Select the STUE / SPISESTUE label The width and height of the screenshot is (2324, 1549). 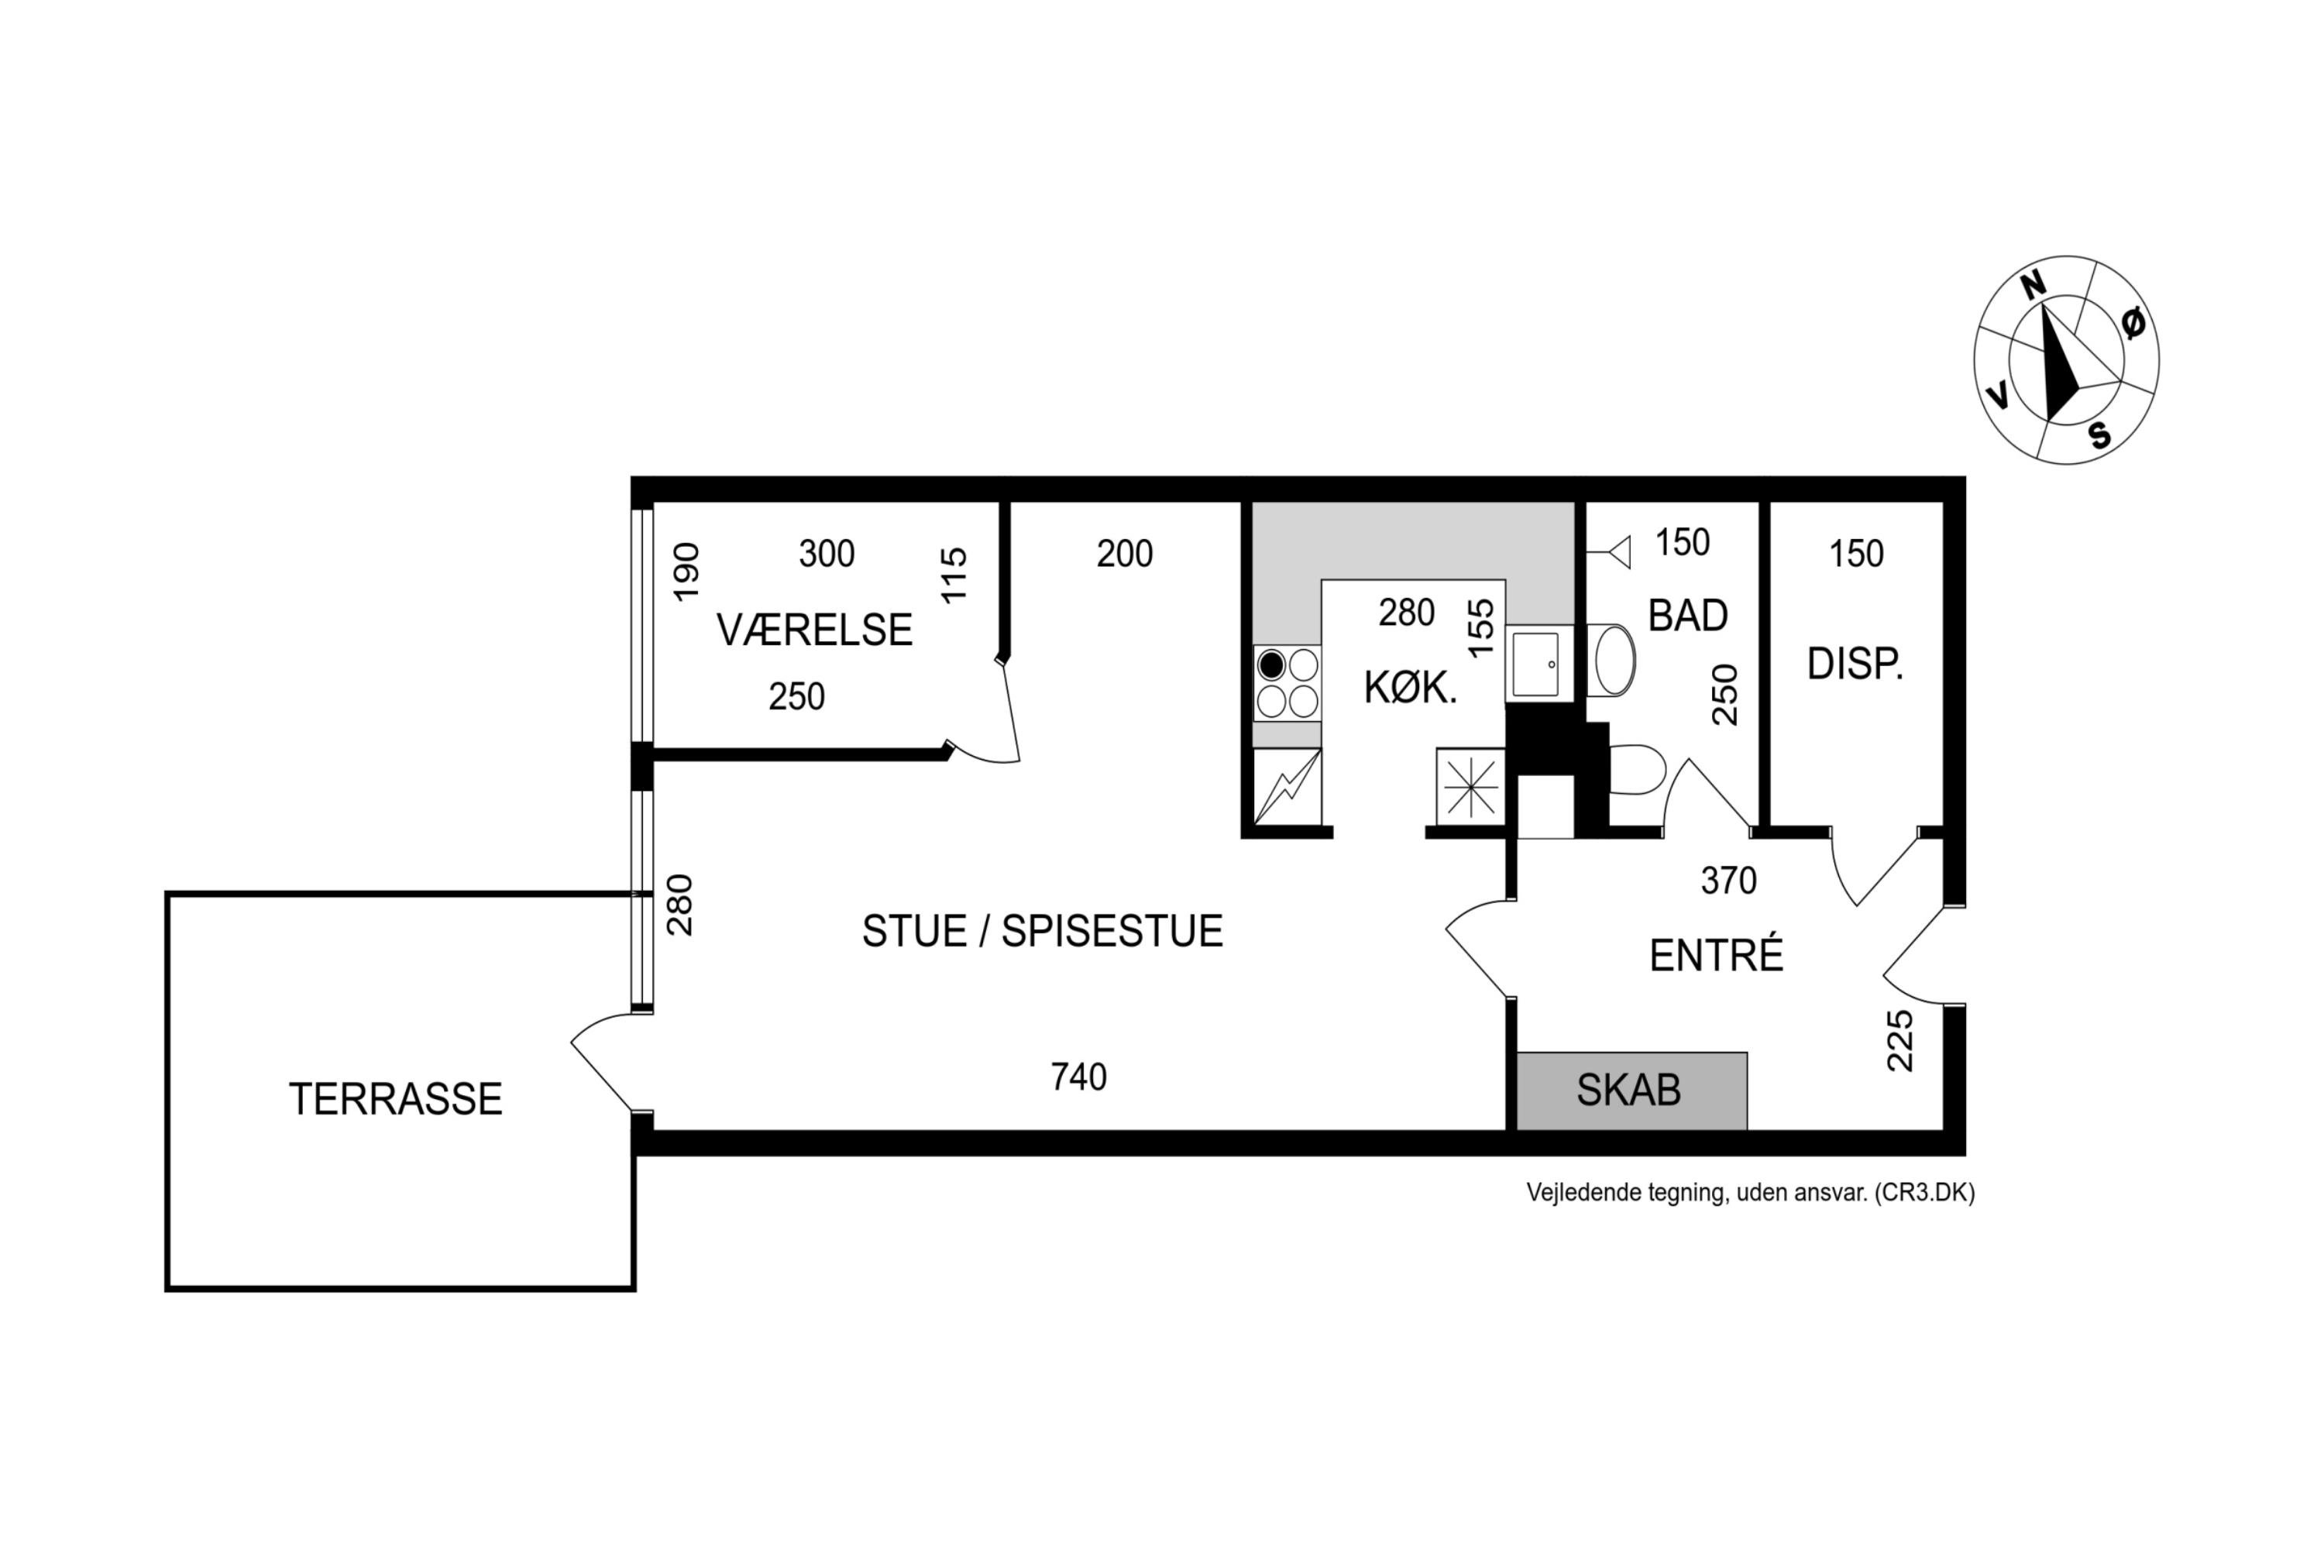click(x=1043, y=931)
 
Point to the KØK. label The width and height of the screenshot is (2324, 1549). click(x=1410, y=688)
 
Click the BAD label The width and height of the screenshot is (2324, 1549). click(x=1688, y=616)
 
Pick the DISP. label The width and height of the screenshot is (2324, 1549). click(x=1855, y=664)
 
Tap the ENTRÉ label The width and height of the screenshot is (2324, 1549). click(x=1717, y=954)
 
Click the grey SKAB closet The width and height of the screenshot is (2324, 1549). click(x=1631, y=1090)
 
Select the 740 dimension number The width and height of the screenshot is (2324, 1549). click(x=1079, y=1077)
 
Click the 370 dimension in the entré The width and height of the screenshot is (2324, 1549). click(x=1728, y=880)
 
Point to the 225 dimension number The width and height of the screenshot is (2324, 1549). click(x=1899, y=1040)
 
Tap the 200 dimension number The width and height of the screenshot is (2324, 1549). click(x=1125, y=553)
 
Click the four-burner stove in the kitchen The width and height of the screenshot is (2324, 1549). click(x=1287, y=682)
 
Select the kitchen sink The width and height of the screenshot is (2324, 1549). click(x=1538, y=664)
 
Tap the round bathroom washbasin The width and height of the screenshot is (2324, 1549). click(x=1611, y=660)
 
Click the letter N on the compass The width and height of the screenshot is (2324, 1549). click(x=2033, y=286)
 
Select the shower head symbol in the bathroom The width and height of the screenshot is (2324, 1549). click(x=1610, y=552)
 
